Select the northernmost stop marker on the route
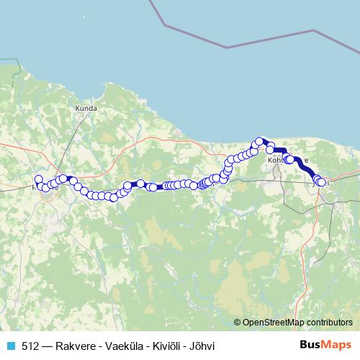[x=259, y=141]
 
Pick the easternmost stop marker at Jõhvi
[x=321, y=183]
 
